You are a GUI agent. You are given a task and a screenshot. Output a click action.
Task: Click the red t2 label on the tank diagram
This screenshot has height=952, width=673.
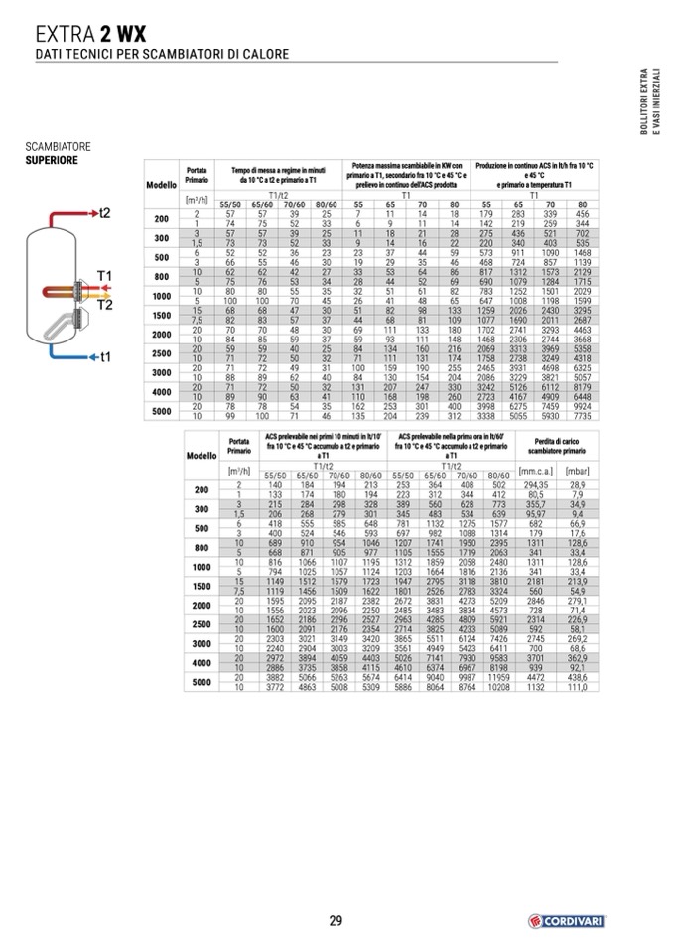coord(104,213)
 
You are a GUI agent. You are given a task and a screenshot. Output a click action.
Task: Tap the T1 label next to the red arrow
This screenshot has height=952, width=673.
coord(104,275)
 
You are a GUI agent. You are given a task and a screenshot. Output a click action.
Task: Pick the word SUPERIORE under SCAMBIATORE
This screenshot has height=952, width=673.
coord(52,159)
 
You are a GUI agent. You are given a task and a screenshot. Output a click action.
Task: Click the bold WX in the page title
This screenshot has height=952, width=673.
coord(132,32)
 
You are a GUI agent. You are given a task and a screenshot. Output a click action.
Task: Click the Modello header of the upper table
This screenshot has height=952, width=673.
coord(161,185)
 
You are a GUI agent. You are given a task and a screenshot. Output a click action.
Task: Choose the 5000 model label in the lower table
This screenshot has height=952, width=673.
coord(202,682)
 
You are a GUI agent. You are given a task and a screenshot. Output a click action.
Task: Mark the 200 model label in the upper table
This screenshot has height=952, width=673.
coord(161,218)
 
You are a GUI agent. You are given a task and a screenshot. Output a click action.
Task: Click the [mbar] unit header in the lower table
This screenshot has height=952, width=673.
coord(577,471)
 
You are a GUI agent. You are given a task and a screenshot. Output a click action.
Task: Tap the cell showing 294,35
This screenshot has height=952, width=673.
coord(536,483)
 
